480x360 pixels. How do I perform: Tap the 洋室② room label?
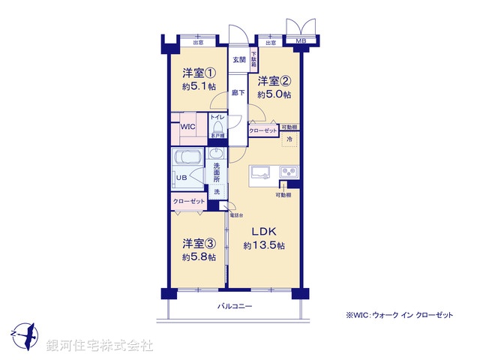click(x=274, y=81)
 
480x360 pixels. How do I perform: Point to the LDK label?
click(x=263, y=232)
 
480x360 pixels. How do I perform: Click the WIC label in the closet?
click(x=187, y=127)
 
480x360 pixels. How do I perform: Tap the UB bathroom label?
click(x=181, y=178)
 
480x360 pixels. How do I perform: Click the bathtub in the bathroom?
click(x=186, y=158)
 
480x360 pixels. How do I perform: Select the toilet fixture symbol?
click(x=217, y=127)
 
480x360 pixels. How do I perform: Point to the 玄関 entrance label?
click(x=238, y=59)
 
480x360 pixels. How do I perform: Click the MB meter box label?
click(x=300, y=41)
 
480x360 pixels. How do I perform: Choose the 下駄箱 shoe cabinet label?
click(x=253, y=56)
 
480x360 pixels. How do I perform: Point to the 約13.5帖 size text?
click(x=263, y=245)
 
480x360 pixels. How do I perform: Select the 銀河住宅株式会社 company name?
click(x=100, y=346)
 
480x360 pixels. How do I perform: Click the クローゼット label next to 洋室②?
click(x=263, y=130)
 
